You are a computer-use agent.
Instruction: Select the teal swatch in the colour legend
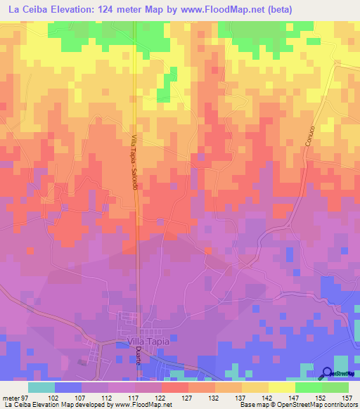point(41,387)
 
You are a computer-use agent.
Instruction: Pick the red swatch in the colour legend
point(175,387)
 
